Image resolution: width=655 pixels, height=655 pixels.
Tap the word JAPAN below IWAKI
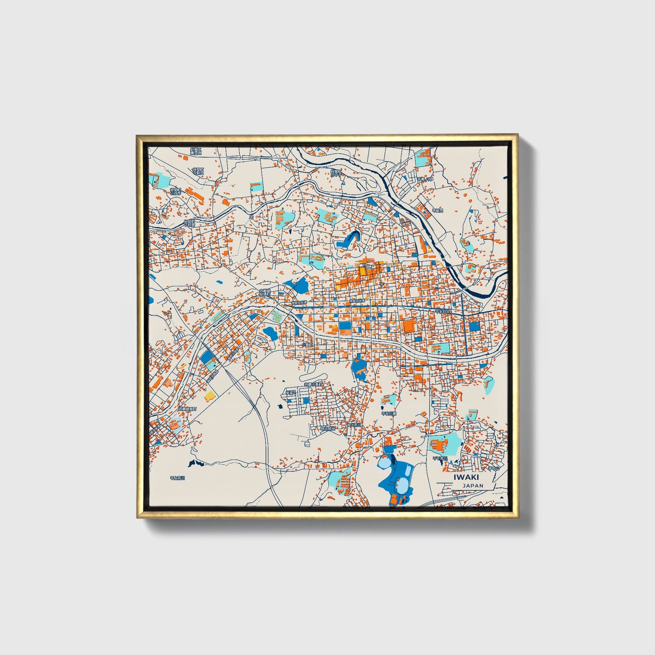tap(473, 485)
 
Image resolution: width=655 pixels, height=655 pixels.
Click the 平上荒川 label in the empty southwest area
tap(178, 478)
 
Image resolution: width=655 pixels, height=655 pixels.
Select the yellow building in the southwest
tap(209, 396)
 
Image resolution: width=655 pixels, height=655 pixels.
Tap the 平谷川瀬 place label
tap(389, 413)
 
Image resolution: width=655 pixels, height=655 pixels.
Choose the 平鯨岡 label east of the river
tap(437, 210)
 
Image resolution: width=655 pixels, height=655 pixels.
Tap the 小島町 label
tap(307, 344)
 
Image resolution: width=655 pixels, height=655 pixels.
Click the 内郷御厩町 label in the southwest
tap(188, 409)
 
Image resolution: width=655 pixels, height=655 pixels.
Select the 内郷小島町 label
tap(314, 384)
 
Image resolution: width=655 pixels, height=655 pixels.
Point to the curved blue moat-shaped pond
tap(351, 238)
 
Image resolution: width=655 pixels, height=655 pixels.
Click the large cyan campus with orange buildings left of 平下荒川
tap(444, 443)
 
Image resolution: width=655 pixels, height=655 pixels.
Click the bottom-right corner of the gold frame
tap(517, 517)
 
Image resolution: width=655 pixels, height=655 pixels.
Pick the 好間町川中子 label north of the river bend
tap(336, 172)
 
